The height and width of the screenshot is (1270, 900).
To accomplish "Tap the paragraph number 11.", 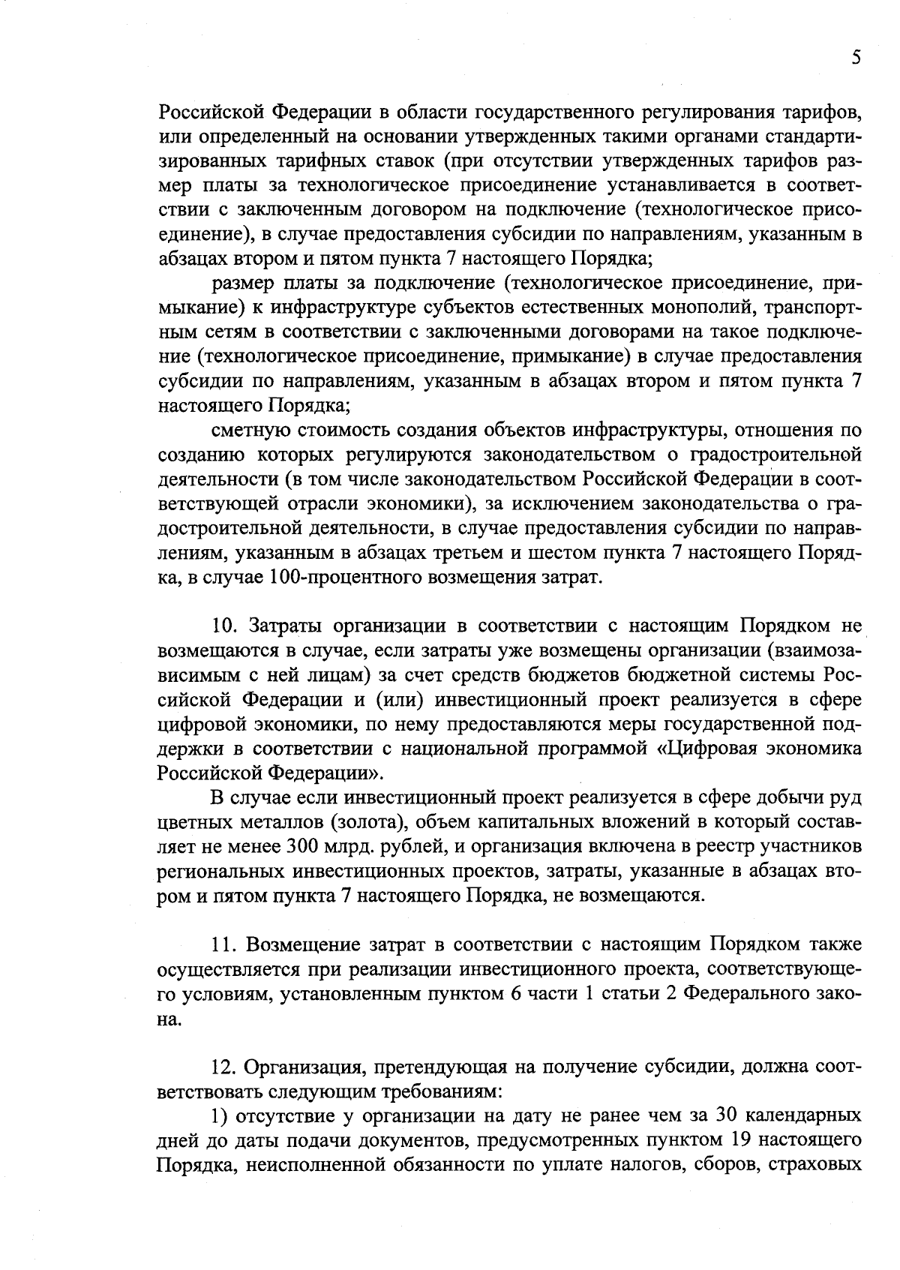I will point(223,944).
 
